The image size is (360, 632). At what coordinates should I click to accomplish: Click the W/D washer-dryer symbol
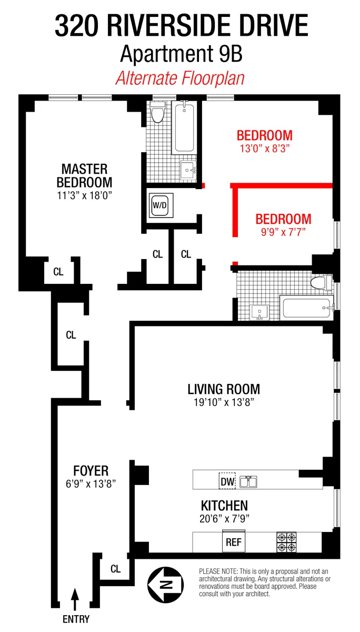159,207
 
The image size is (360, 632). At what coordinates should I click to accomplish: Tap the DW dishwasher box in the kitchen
227,480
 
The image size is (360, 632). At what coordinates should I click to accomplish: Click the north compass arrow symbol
165,582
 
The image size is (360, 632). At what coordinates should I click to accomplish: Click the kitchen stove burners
287,542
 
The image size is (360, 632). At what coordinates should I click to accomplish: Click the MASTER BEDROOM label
84,176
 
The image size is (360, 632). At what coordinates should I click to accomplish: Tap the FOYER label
91,470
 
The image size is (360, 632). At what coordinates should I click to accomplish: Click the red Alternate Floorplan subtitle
181,78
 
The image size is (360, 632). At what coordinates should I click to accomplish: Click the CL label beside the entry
115,569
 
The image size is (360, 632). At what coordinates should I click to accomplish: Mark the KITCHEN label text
224,506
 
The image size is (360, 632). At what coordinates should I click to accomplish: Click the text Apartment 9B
181,54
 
